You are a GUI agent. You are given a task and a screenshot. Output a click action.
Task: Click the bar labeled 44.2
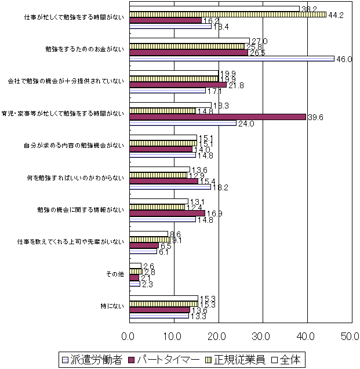(x=227, y=15)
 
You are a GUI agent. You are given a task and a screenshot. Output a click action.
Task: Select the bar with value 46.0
(x=231, y=59)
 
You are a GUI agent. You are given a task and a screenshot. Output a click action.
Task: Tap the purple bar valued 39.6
(x=217, y=117)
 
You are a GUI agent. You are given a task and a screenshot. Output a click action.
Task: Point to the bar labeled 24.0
(x=183, y=123)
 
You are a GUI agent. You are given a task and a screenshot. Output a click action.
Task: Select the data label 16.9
(x=213, y=214)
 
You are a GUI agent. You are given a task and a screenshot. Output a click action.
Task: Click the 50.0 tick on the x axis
(x=350, y=336)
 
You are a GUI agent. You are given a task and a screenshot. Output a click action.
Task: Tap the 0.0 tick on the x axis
(x=129, y=336)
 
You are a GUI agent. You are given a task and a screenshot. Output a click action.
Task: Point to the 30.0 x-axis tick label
(x=261, y=336)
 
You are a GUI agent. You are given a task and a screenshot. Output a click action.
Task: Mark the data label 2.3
(x=147, y=284)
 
